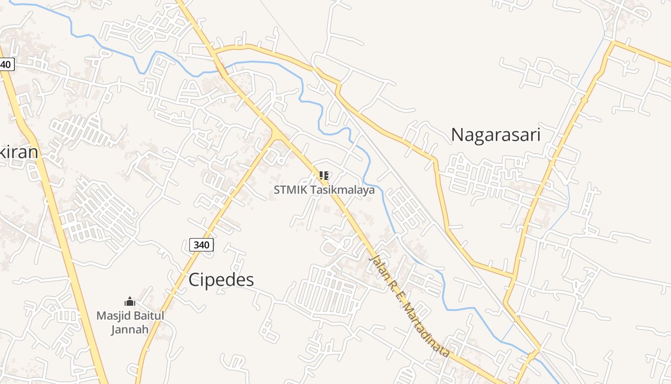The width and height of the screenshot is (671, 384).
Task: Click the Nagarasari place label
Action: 496,135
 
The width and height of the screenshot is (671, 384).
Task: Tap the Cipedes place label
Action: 221,280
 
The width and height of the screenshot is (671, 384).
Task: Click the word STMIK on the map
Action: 290,190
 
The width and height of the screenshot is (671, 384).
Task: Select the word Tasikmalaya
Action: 342,190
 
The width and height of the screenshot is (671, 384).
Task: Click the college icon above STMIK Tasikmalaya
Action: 324,176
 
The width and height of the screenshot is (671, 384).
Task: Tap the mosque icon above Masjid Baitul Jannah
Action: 130,301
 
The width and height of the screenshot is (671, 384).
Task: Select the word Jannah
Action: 130,329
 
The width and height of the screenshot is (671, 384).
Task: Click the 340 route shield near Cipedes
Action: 201,245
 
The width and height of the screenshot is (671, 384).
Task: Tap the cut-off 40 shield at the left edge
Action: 6,64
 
